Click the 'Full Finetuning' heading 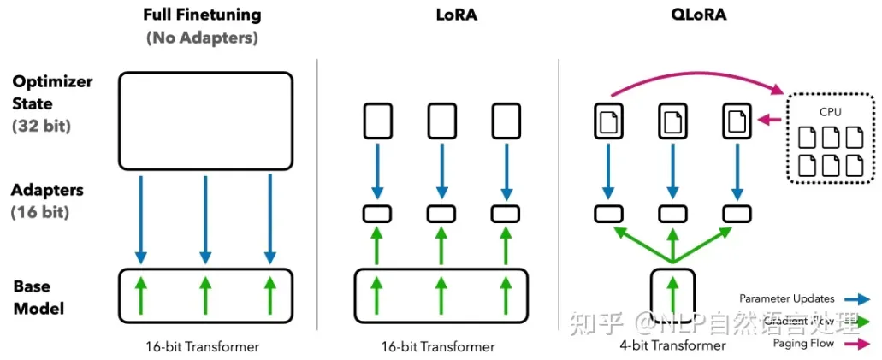pyautogui.click(x=203, y=15)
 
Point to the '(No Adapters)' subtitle pyautogui.click(x=203, y=38)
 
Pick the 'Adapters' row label pyautogui.click(x=48, y=190)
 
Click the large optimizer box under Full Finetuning pyautogui.click(x=205, y=120)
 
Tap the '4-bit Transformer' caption pyautogui.click(x=672, y=345)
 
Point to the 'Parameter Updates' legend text pyautogui.click(x=787, y=298)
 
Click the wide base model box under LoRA pyautogui.click(x=441, y=296)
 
